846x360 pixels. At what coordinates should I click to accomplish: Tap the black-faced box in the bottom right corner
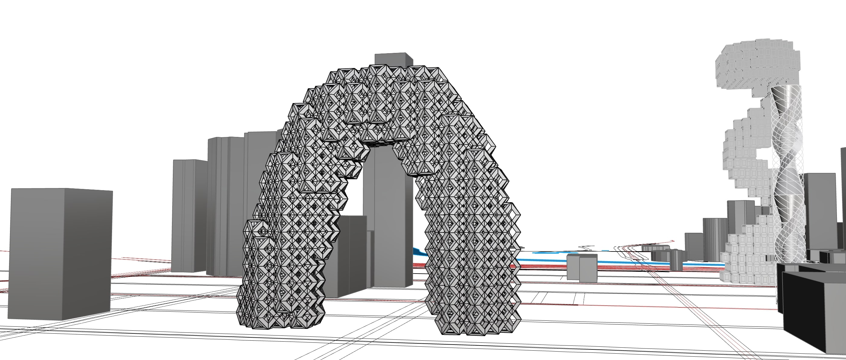[811, 312]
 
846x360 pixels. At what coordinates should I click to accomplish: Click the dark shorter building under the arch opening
[350, 256]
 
